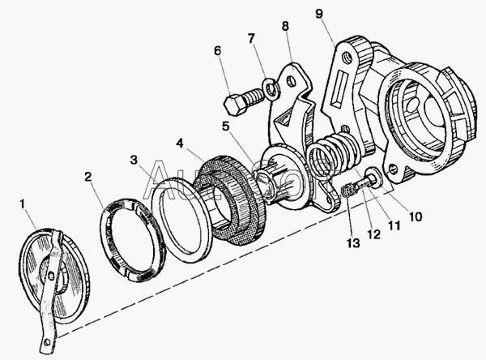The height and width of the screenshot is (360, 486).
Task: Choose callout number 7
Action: click(250, 38)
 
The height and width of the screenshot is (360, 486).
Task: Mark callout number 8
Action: click(284, 26)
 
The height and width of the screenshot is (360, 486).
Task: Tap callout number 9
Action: click(318, 13)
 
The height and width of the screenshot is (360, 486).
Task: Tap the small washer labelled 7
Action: click(272, 86)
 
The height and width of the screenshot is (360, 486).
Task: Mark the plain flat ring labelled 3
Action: click(181, 218)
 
